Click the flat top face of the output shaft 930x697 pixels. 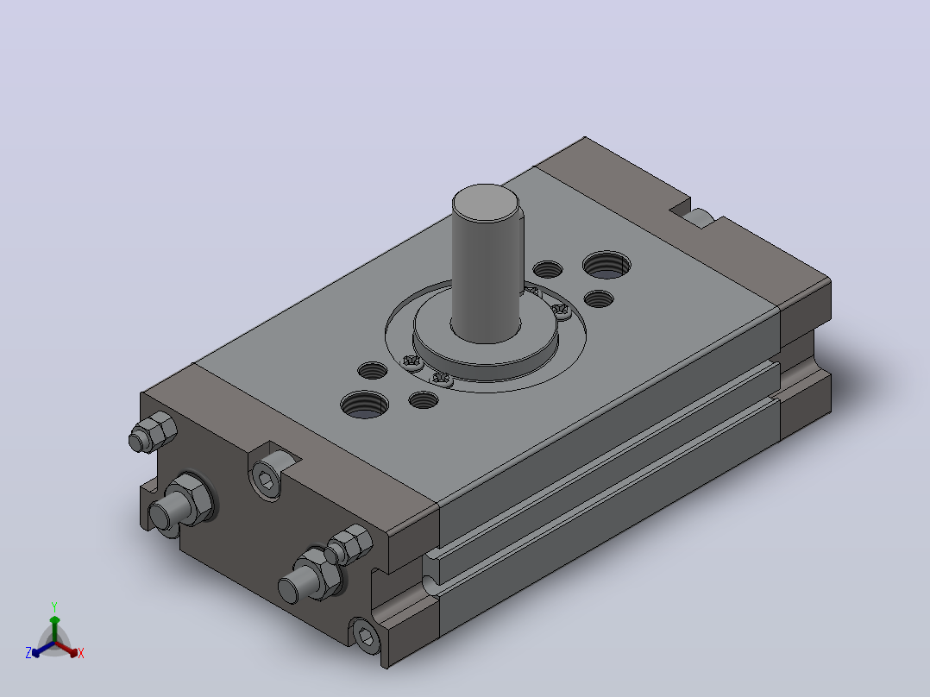[485, 203]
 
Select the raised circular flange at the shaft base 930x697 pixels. [485, 347]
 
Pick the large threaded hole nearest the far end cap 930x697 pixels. [606, 265]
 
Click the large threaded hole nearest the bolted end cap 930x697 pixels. [365, 404]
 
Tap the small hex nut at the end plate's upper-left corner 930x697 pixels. [155, 432]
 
